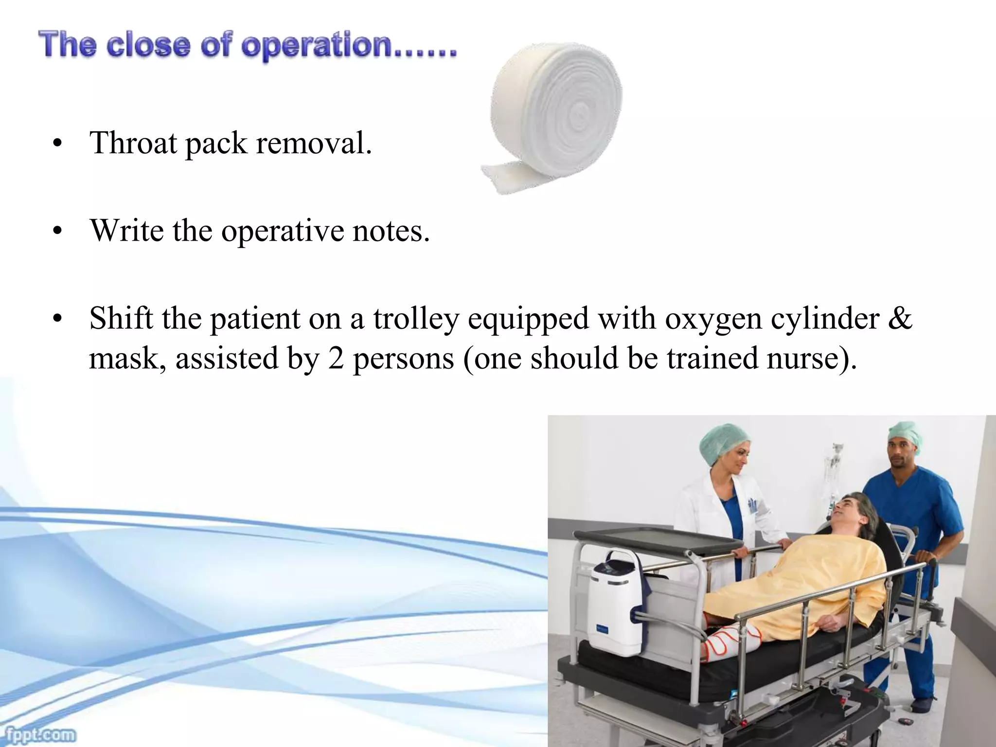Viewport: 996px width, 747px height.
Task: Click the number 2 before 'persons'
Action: click(x=336, y=359)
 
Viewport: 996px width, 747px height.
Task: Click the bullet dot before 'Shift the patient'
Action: click(x=58, y=320)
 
